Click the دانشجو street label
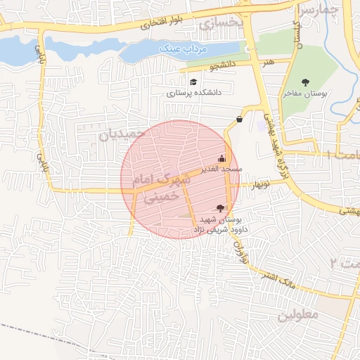coord(223,67)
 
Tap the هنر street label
coord(267,63)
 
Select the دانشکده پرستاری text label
coord(194,93)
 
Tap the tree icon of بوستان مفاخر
coord(305,82)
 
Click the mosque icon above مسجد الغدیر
coord(223,158)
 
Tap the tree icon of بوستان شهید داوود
coord(221,207)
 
